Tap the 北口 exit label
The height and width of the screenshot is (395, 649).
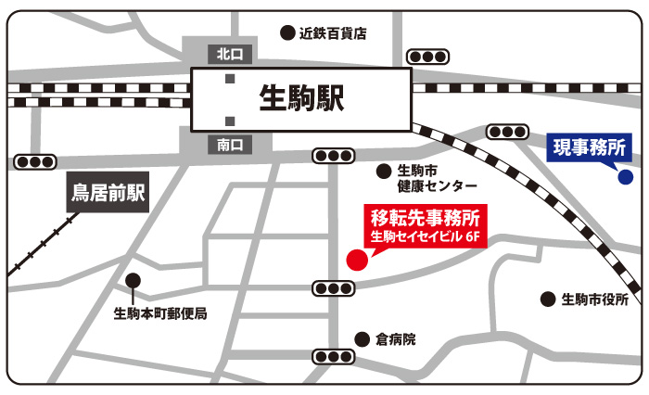(x=228, y=54)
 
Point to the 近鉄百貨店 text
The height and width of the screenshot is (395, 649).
(x=333, y=32)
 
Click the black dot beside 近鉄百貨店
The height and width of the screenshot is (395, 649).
(x=287, y=32)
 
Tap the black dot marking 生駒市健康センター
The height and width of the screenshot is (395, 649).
(x=383, y=171)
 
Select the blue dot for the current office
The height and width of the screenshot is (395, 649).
(x=625, y=176)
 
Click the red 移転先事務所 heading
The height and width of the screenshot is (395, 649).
(x=424, y=220)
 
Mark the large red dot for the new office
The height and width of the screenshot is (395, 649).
(x=356, y=259)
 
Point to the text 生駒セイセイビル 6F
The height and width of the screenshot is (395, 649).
(x=424, y=239)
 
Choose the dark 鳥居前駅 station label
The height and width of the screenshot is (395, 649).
(x=109, y=194)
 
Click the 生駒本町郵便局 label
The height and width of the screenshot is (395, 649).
(x=160, y=313)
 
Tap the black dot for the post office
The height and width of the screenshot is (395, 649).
(x=134, y=279)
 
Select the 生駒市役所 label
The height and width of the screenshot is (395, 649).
(x=594, y=299)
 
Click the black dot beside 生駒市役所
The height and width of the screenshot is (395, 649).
(x=547, y=299)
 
